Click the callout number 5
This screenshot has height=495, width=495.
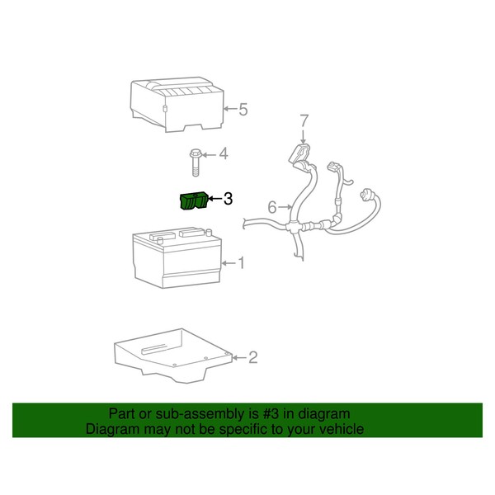click(243, 108)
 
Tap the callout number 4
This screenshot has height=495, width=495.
click(223, 153)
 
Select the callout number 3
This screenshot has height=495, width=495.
click(229, 199)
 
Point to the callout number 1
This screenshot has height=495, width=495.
click(242, 263)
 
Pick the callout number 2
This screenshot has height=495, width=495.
click(252, 357)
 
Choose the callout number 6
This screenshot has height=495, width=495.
click(271, 206)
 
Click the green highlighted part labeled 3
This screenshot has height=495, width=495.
click(195, 201)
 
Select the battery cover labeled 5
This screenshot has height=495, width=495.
click(176, 103)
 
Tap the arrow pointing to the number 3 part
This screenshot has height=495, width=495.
click(216, 199)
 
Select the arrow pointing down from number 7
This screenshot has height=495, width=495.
click(304, 135)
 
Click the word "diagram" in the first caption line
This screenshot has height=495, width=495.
click(325, 414)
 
